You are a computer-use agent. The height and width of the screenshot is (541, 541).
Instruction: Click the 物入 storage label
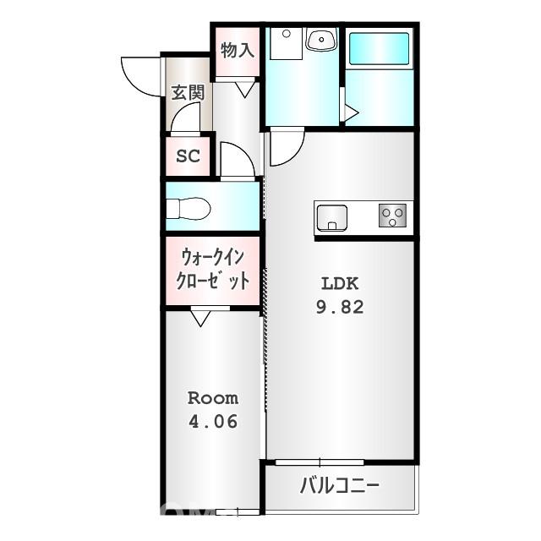pos(238,50)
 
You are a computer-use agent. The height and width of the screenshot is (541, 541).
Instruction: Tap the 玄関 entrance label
pos(188,93)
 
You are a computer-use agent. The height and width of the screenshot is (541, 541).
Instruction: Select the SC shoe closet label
pos(188,156)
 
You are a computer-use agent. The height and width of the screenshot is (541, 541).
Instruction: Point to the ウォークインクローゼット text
pos(213,270)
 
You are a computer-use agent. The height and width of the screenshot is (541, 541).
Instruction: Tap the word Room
pos(212,397)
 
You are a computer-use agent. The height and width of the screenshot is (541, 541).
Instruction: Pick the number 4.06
pos(212,420)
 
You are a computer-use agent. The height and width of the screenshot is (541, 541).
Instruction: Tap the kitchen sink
pos(331,218)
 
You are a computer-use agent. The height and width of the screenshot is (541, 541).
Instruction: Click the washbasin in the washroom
pos(320,40)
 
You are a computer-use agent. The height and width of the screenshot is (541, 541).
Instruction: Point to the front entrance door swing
pos(140,74)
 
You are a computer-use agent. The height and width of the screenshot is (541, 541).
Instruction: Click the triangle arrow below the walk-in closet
pos(200,319)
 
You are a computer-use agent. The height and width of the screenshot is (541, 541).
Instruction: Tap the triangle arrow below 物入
pos(246,88)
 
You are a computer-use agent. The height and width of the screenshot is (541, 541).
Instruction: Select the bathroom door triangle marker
pos(350,112)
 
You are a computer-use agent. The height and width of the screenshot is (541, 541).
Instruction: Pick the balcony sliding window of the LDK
pos(320,462)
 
